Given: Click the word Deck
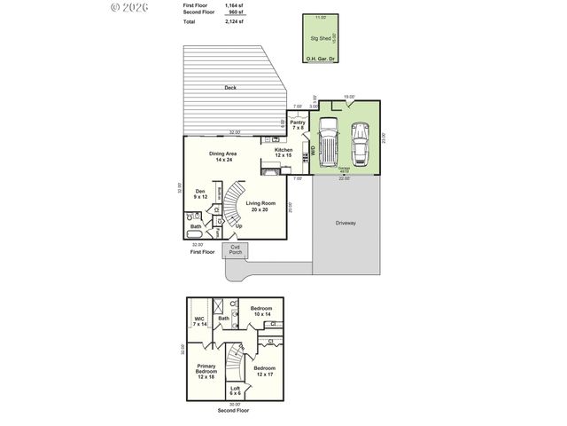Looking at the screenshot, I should pos(230,88).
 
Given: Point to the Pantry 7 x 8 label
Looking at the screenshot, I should pos(297,124).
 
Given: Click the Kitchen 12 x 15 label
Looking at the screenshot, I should pos(283,153).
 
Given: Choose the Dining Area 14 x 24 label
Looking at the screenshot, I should pos(223,156).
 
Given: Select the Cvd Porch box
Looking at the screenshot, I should pos(235,250).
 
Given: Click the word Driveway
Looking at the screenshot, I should pos(346,223).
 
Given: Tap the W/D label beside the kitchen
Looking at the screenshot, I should pos(312,152).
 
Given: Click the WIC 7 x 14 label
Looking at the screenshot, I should pos(199,320).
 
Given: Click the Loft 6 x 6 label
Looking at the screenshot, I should pos(235,390).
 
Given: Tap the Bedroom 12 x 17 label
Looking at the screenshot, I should pos(264,370).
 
